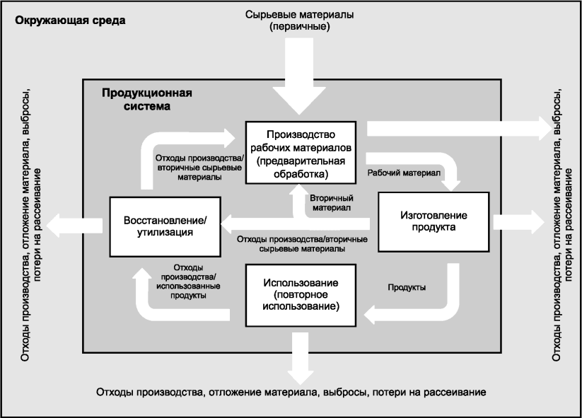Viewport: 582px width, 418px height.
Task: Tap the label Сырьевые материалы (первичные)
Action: (300, 21)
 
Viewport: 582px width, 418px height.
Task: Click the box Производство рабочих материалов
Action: (301, 153)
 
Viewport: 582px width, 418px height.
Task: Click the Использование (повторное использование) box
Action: (301, 296)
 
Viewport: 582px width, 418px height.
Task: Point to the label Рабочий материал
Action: (404, 173)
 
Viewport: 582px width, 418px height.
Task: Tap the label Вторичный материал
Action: (332, 203)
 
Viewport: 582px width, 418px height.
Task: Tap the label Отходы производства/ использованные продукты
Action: (189, 281)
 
